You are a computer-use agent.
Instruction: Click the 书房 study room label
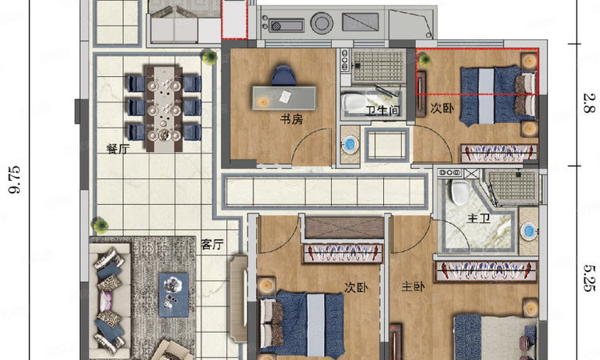(x=291, y=119)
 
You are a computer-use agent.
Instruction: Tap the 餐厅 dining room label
(x=118, y=149)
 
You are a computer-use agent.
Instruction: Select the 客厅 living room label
(x=212, y=244)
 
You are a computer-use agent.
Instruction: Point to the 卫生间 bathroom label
(x=382, y=110)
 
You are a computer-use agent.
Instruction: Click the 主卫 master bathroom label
(x=478, y=218)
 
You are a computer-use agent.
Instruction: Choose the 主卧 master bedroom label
(x=413, y=286)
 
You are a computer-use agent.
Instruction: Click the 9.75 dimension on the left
(x=15, y=180)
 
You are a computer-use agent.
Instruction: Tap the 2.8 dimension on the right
(x=589, y=102)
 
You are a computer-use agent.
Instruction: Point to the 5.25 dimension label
(x=590, y=278)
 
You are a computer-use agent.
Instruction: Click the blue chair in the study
(x=283, y=75)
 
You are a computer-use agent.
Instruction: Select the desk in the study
(x=284, y=98)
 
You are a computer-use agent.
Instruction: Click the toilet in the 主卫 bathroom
(x=459, y=191)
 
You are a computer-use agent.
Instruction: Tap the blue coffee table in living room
(x=174, y=294)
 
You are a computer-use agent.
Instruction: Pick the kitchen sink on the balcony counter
(x=286, y=26)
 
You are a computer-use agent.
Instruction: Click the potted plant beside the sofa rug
(x=100, y=225)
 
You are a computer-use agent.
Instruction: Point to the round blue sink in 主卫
(x=529, y=231)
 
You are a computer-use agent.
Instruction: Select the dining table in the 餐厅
(x=164, y=109)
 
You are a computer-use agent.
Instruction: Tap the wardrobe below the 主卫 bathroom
(x=486, y=272)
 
